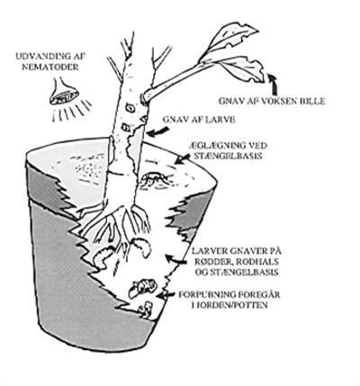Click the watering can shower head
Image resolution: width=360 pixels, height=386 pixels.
[65, 93]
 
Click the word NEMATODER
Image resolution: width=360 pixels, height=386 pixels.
[55, 67]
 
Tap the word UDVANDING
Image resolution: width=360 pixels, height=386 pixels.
[40, 57]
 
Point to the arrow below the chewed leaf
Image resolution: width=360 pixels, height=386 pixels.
[273, 84]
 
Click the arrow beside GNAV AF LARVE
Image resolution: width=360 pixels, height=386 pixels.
[157, 131]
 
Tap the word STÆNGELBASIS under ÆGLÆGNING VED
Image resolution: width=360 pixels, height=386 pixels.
[228, 157]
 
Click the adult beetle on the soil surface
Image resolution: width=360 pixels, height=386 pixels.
[155, 179]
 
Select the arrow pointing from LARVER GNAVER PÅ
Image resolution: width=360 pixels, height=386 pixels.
[177, 260]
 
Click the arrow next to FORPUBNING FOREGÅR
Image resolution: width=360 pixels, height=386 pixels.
[166, 296]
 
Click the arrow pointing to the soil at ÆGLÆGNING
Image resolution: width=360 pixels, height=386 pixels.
[182, 159]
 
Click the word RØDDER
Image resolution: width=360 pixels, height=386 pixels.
[213, 262]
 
